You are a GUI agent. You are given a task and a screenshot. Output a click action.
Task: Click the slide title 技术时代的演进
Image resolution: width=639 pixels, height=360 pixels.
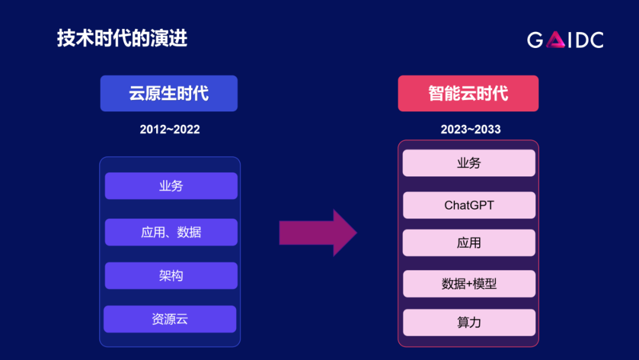pyautogui.click(x=122, y=38)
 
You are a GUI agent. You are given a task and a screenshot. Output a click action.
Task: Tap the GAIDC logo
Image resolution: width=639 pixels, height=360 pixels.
pyautogui.click(x=565, y=40)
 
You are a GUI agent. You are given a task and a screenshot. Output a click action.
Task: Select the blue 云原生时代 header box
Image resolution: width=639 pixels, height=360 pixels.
pyautogui.click(x=169, y=94)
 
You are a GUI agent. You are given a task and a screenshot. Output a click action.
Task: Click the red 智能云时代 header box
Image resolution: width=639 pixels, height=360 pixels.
pyautogui.click(x=468, y=94)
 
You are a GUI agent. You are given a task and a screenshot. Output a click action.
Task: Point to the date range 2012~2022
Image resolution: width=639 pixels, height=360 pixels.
pyautogui.click(x=170, y=130)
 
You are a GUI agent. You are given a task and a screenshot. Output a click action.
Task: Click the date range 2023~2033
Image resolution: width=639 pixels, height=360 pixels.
pyautogui.click(x=470, y=130)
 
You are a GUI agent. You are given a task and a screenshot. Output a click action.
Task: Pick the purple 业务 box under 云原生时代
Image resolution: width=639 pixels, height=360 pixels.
pyautogui.click(x=171, y=186)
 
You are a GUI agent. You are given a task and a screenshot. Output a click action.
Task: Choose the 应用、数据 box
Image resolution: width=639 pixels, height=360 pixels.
pyautogui.click(x=171, y=232)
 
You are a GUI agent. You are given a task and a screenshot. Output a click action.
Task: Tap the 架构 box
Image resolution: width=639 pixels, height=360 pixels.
pyautogui.click(x=171, y=276)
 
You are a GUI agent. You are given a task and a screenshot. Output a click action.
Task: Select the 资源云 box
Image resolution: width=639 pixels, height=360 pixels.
pyautogui.click(x=170, y=320)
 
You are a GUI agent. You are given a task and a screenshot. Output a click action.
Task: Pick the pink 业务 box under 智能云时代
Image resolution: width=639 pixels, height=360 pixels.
pyautogui.click(x=469, y=163)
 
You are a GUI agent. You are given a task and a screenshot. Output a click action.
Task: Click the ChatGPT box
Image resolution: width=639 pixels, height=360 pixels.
pyautogui.click(x=469, y=205)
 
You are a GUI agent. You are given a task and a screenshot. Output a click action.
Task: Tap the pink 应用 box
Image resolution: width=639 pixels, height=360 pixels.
pyautogui.click(x=469, y=243)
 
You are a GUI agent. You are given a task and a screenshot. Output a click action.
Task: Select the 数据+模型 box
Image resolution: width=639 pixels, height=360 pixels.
pyautogui.click(x=469, y=284)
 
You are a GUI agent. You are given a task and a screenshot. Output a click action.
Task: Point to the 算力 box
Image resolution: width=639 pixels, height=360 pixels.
pyautogui.click(x=469, y=323)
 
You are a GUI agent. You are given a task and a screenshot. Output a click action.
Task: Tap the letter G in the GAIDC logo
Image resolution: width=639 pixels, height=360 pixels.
pyautogui.click(x=535, y=40)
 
